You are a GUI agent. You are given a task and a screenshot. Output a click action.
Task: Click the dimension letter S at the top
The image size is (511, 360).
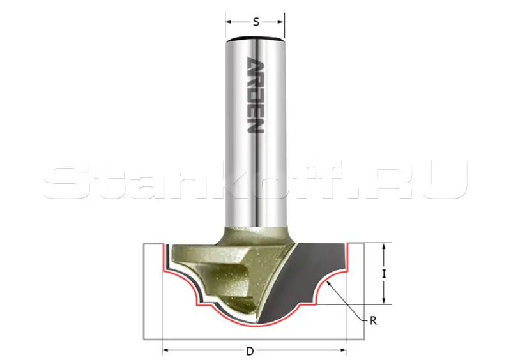click(256, 22)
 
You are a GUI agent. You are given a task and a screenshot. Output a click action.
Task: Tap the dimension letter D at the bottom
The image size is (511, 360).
click(250, 351)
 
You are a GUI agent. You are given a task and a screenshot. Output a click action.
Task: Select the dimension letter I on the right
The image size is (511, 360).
click(385, 274)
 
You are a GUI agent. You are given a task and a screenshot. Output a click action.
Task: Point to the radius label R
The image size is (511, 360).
click(374, 321)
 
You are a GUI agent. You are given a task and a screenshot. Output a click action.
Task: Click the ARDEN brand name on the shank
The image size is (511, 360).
click(256, 96)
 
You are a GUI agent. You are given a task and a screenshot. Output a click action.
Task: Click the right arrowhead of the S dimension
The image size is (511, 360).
click(281, 22)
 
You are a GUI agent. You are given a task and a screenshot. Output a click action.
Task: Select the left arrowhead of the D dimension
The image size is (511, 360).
click(165, 351)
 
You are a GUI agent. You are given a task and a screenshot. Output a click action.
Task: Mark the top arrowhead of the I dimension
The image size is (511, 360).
click(385, 246)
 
